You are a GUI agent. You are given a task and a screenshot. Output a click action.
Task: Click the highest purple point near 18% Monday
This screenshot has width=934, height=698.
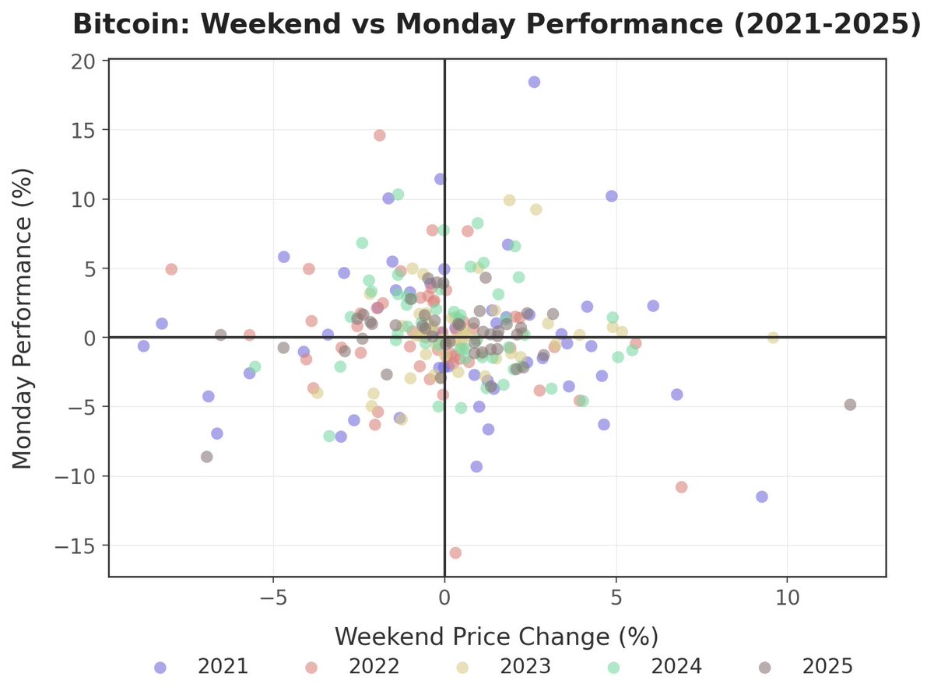pos(534,82)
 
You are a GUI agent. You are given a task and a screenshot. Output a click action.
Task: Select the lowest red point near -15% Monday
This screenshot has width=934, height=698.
pos(455,552)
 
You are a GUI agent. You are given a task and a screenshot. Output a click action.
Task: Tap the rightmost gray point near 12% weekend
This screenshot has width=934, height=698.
pos(850,405)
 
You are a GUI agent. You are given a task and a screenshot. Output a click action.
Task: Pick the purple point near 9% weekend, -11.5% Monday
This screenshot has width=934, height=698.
pos(761,496)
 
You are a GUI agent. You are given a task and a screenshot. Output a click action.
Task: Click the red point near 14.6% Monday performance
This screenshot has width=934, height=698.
pos(380,135)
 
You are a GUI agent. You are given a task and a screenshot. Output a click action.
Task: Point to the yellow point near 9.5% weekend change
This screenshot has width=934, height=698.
pos(773,338)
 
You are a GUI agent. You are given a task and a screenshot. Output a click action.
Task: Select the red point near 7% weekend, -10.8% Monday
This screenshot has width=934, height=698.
pos(682,487)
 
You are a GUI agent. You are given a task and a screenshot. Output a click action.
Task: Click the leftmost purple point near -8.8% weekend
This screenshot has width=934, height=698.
pos(143,345)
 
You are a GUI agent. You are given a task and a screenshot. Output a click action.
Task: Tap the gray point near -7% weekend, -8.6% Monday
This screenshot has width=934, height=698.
pos(206,457)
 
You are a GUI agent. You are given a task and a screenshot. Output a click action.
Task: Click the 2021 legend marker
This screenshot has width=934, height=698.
pos(160,667)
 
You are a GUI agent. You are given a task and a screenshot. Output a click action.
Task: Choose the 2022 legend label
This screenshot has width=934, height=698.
pos(374,667)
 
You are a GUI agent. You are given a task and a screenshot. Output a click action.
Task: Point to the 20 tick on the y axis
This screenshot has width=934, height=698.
pos(84,61)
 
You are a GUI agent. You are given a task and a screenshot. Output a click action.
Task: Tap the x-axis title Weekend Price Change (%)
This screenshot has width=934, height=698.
pos(497,637)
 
